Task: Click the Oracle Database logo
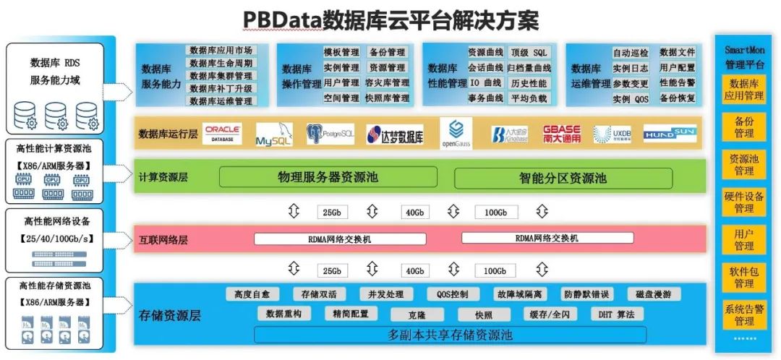(x=223, y=134)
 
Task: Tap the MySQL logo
(x=273, y=135)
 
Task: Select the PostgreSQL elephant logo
(x=330, y=134)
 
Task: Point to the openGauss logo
(x=456, y=134)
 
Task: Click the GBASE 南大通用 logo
(x=562, y=134)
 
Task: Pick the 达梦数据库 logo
(x=395, y=135)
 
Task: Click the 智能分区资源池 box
(x=563, y=178)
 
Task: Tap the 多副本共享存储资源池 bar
(x=450, y=335)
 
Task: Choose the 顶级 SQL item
(x=529, y=53)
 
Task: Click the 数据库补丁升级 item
(x=221, y=89)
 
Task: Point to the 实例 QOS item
(x=631, y=99)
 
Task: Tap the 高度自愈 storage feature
(x=252, y=294)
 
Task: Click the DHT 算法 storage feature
(x=617, y=314)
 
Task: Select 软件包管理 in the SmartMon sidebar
(x=743, y=278)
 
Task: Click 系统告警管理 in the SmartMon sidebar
(x=743, y=315)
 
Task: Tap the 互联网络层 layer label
(x=163, y=238)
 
